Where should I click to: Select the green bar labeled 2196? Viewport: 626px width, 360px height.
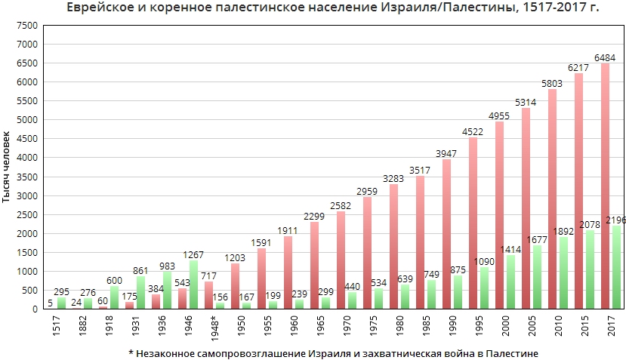point(615,267)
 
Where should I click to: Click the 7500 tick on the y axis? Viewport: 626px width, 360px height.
point(28,25)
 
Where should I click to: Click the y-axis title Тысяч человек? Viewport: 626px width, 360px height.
point(7,168)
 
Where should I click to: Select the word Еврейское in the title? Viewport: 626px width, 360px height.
point(105,8)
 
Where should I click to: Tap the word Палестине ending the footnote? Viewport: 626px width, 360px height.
point(507,352)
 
